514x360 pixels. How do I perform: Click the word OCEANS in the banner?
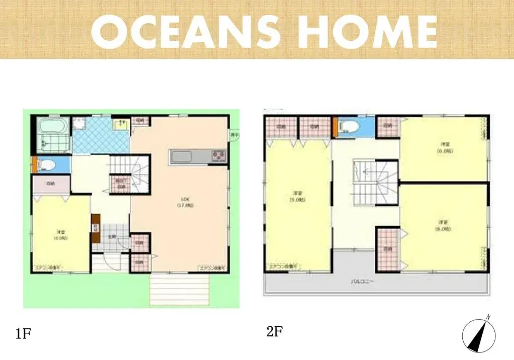pyautogui.click(x=186, y=31)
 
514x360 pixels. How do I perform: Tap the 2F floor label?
pyautogui.click(x=275, y=332)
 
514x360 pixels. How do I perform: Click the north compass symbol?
pyautogui.click(x=479, y=334)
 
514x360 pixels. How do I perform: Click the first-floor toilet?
pyautogui.click(x=48, y=164)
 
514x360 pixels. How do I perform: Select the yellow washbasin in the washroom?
pyautogui.click(x=121, y=124)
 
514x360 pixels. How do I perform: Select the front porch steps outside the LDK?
pyautogui.click(x=179, y=290)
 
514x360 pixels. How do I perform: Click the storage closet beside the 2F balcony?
pyautogui.click(x=388, y=248)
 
